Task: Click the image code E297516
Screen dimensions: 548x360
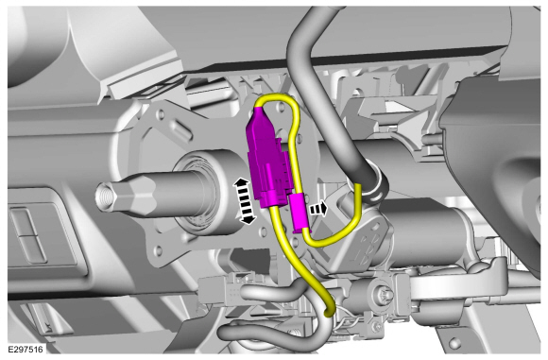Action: coord(26,350)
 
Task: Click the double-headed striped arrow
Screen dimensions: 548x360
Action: coord(245,201)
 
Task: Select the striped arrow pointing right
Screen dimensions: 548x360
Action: coord(318,209)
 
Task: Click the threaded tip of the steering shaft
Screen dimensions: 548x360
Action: coord(106,197)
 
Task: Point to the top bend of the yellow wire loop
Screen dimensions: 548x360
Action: coord(277,98)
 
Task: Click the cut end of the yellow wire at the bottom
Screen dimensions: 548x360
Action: coord(329,313)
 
